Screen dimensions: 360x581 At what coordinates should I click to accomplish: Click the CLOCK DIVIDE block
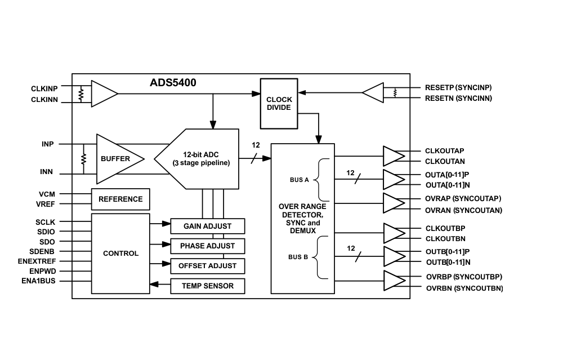(x=279, y=104)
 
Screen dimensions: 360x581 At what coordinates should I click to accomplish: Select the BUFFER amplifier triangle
(x=115, y=159)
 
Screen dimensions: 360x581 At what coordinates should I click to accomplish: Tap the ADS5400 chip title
(x=173, y=83)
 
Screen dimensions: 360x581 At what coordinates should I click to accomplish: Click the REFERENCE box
(x=120, y=199)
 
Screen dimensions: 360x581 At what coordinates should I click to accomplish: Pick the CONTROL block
(x=120, y=254)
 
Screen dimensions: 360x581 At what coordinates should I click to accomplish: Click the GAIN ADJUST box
(x=207, y=226)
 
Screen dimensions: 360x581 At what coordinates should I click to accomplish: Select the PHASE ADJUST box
(x=207, y=246)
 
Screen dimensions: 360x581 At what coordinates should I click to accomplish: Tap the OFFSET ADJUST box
(x=207, y=266)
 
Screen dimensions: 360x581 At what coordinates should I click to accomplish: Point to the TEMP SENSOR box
(x=207, y=286)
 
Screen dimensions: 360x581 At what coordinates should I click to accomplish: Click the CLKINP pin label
(x=44, y=88)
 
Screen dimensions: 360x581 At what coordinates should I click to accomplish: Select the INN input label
(x=47, y=171)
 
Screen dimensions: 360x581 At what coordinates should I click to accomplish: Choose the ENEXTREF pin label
(x=37, y=261)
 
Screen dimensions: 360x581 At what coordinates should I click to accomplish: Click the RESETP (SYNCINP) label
(x=458, y=88)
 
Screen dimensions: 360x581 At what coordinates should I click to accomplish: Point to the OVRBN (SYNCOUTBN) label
(x=464, y=288)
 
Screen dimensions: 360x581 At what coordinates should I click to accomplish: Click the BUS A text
(x=299, y=180)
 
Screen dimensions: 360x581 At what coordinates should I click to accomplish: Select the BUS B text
(x=298, y=257)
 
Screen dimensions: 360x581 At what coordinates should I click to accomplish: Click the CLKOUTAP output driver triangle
(x=393, y=156)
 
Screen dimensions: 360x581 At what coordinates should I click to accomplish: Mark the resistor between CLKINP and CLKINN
(x=81, y=95)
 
